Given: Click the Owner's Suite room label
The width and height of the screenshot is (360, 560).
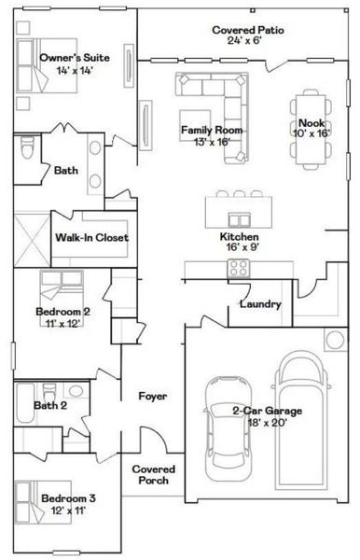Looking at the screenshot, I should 75,57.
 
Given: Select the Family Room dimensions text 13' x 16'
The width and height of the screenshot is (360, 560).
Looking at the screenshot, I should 213,142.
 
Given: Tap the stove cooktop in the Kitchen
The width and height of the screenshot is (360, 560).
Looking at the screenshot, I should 238,268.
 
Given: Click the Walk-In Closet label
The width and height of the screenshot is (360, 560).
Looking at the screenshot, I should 91,237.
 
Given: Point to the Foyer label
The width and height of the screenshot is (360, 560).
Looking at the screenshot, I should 152,396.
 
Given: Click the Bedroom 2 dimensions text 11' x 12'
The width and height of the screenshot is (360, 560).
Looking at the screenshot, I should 63,322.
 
